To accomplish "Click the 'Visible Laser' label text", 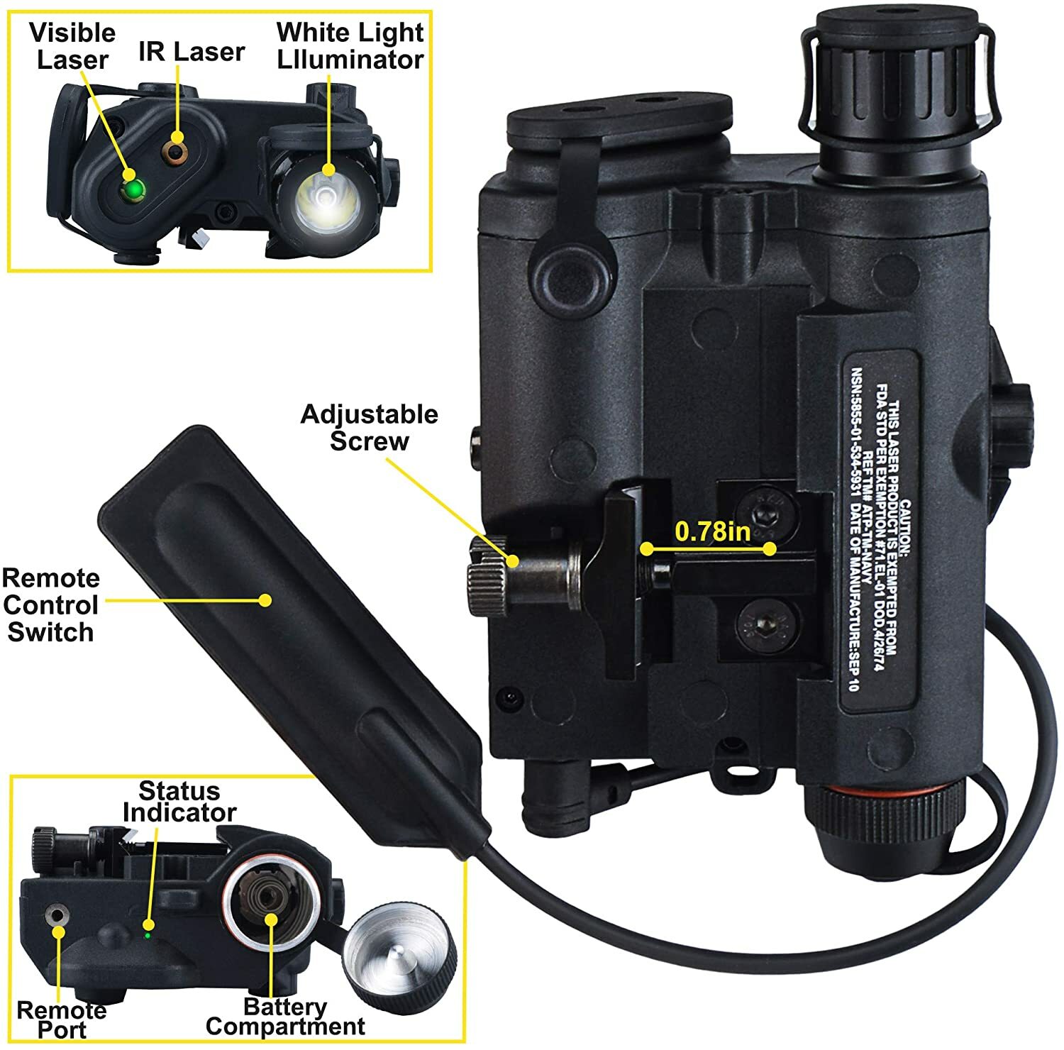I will tap(72, 46).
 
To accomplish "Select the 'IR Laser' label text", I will tap(192, 52).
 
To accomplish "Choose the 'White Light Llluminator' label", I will tap(350, 46).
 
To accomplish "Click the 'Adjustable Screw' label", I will tap(370, 427).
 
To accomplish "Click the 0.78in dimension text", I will tap(712, 531).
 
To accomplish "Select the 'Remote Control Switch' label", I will tap(50, 605).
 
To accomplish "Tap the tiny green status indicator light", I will tap(147, 935).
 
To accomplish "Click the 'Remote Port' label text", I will tap(61, 1019).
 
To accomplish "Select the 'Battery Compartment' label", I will tap(284, 1017).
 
